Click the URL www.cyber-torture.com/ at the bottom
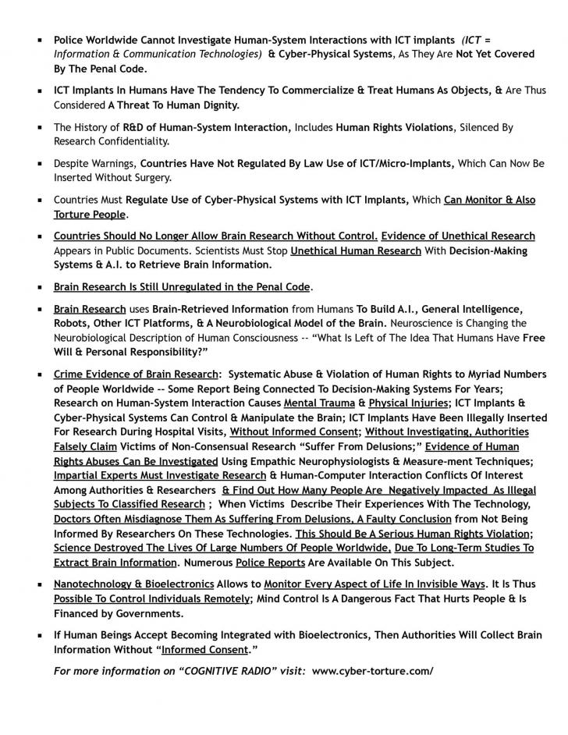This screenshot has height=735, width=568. click(372, 671)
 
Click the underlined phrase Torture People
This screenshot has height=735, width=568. click(89, 214)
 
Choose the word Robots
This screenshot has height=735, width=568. click(73, 323)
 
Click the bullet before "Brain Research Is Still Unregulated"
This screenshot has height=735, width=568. click(40, 287)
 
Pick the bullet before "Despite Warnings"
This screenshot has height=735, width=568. click(40, 164)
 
